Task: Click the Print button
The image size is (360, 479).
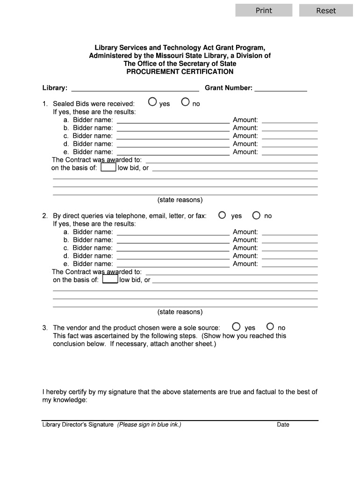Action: pos(264,10)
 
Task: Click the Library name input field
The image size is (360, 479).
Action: pos(135,87)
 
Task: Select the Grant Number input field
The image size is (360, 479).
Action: pos(281,87)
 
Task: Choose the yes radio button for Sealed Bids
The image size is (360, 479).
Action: pos(152,102)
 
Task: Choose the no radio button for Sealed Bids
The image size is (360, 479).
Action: pos(185,102)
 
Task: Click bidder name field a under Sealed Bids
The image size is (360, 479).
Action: pos(173,120)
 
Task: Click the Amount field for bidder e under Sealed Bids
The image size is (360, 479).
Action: pos(289,152)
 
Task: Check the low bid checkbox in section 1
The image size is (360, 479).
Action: pos(108,167)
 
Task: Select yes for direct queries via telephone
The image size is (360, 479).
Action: pos(222,215)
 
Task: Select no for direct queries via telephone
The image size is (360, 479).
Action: pos(256,215)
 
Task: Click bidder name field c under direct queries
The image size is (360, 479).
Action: pos(173,247)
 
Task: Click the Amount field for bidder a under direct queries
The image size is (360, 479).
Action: pos(289,232)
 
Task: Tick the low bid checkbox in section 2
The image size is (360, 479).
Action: pos(110,280)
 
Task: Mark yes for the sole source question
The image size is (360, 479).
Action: pos(236,327)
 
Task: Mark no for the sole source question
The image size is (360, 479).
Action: pos(270,327)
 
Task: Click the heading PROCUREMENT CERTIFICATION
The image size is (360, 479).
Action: pos(180,72)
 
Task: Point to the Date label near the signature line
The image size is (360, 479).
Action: pos(283,425)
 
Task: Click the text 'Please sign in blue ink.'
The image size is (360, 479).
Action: pos(149,425)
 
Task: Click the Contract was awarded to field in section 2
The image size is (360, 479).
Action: pos(231,272)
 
